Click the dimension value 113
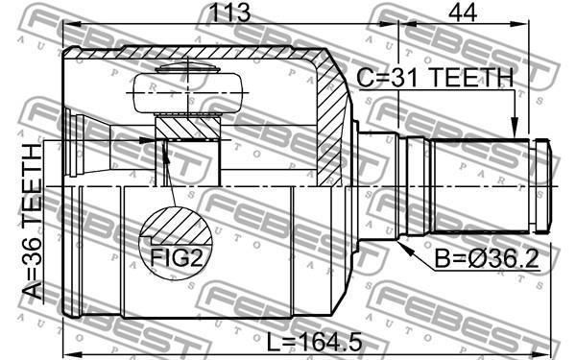(229, 12)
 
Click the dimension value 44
(463, 12)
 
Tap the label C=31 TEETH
(435, 78)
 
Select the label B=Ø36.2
(487, 259)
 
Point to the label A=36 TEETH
(33, 222)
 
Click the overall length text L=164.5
(314, 343)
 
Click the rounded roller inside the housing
(187, 93)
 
